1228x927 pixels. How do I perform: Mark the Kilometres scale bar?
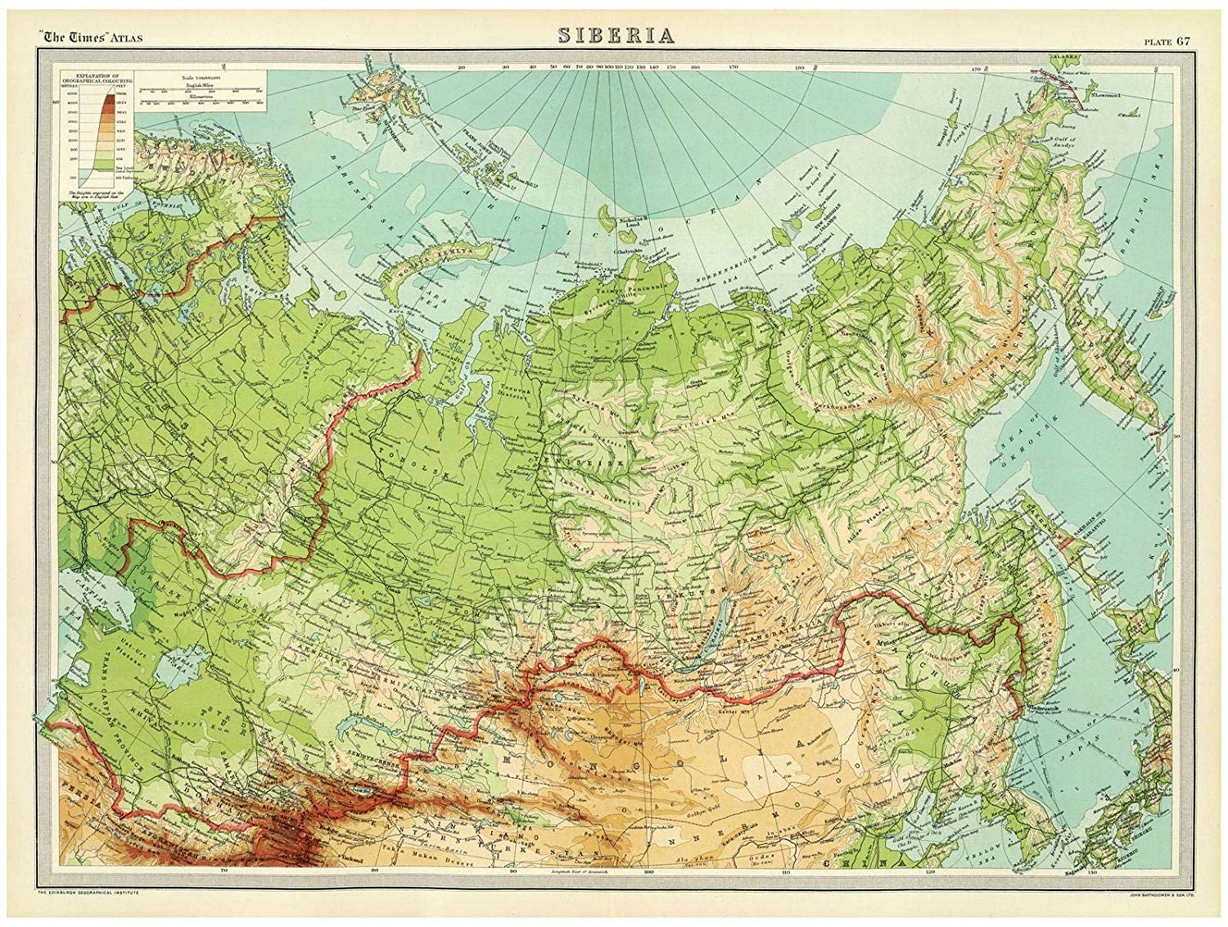(x=201, y=101)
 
